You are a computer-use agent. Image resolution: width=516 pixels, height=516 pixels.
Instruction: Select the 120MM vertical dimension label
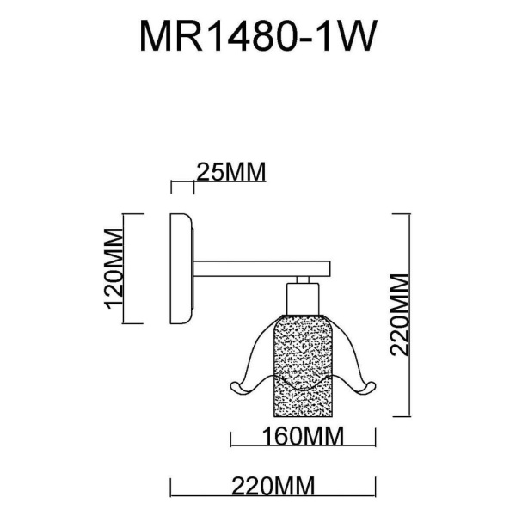tap(113, 268)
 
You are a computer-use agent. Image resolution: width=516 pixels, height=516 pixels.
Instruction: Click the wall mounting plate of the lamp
tap(182, 269)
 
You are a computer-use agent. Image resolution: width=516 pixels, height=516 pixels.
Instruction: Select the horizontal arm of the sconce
tap(258, 270)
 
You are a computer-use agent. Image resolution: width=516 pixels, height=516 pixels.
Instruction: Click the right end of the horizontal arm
tap(329, 270)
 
